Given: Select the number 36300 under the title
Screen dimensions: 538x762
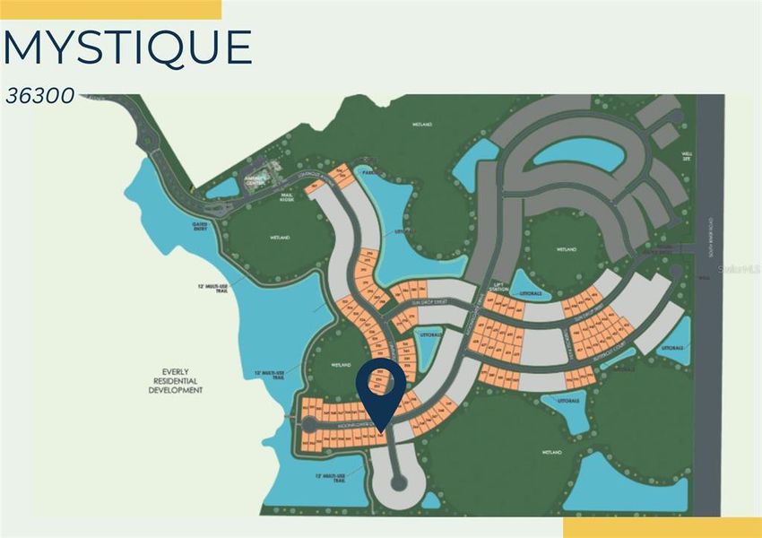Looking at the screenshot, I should (40, 95).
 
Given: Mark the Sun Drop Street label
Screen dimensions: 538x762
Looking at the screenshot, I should (429, 304).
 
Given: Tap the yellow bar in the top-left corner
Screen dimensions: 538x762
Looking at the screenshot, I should (110, 9).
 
